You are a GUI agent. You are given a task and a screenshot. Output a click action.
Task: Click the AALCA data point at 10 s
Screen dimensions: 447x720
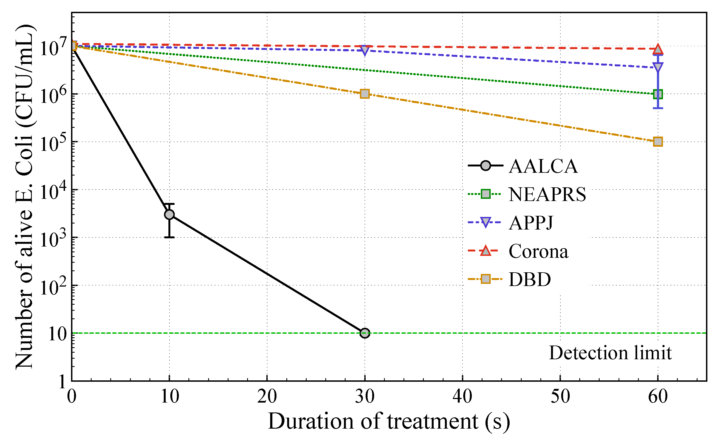pos(169,215)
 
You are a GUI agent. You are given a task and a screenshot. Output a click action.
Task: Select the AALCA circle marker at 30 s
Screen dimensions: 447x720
pos(365,333)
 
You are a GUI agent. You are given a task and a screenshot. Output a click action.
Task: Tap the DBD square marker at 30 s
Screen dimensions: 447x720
pos(365,94)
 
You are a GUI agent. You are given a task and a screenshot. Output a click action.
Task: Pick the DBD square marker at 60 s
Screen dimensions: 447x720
pos(658,142)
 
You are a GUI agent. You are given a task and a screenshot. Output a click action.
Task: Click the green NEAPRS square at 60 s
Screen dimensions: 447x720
pos(658,94)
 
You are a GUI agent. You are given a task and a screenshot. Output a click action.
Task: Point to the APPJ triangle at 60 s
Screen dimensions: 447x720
pos(658,67)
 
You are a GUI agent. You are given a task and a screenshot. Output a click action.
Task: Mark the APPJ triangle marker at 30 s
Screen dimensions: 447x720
pos(365,50)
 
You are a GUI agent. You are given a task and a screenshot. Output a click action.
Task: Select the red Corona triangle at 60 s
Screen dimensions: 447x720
pos(658,49)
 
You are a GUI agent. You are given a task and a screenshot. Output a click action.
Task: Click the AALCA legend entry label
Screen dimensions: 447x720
pos(543,166)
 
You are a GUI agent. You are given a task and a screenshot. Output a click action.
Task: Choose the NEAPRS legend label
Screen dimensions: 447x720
pos(547,194)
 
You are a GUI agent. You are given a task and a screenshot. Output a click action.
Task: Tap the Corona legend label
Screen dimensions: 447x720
pos(538,251)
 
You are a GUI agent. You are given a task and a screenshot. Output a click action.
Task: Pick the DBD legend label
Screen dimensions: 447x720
pos(530,279)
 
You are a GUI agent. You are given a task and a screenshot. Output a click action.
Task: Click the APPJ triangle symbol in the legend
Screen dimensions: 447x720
pos(485,222)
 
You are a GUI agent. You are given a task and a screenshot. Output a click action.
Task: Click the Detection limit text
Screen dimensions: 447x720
pos(610,353)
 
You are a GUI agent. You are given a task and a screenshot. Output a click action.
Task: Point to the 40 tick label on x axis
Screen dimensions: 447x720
pos(462,397)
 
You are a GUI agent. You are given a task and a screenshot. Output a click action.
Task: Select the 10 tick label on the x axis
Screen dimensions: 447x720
pos(170,397)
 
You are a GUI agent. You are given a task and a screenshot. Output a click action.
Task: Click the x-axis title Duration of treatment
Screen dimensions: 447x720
pos(389,421)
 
